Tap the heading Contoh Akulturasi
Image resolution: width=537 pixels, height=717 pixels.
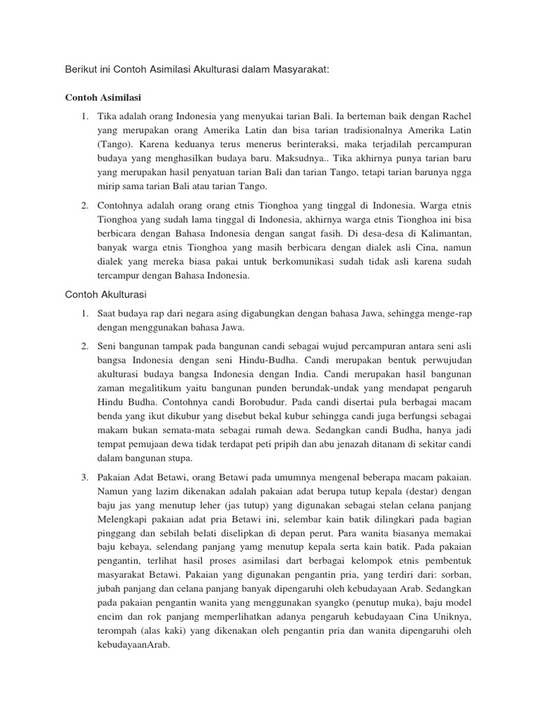105,295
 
